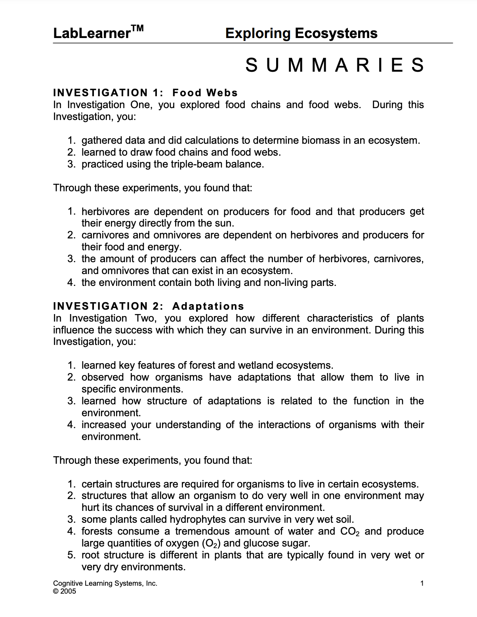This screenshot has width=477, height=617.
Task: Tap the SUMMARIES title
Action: point(335,65)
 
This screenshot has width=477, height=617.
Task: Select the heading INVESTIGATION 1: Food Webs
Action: point(145,93)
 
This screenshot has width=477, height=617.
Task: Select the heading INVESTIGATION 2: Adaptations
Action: point(149,306)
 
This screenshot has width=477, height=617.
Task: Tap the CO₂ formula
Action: point(350,531)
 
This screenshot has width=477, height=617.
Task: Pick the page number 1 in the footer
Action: point(422,583)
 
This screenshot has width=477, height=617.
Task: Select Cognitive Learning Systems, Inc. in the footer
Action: point(105,583)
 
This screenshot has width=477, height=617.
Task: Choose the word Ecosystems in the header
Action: point(336,33)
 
